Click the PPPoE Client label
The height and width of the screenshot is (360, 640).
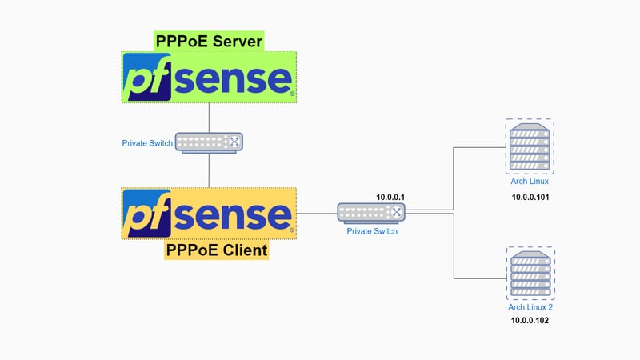point(216,250)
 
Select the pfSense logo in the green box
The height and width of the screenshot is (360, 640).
point(210,77)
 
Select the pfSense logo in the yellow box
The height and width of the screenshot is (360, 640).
point(210,213)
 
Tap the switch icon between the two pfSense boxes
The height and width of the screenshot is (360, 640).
point(209,143)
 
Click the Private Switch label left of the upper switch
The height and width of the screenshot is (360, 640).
point(146,143)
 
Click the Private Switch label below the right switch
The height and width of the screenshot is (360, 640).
point(371,231)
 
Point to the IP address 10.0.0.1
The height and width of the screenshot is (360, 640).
point(392,197)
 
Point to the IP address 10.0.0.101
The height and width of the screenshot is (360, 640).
point(530,197)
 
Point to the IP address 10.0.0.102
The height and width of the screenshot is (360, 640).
point(530,321)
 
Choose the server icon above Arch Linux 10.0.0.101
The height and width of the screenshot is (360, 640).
point(530,146)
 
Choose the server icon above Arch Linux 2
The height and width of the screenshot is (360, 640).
point(530,273)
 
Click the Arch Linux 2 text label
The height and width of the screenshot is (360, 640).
point(530,307)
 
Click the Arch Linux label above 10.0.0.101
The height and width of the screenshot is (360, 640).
point(530,182)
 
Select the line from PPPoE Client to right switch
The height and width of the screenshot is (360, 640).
point(317,214)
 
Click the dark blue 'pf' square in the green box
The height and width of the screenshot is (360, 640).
point(148,77)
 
